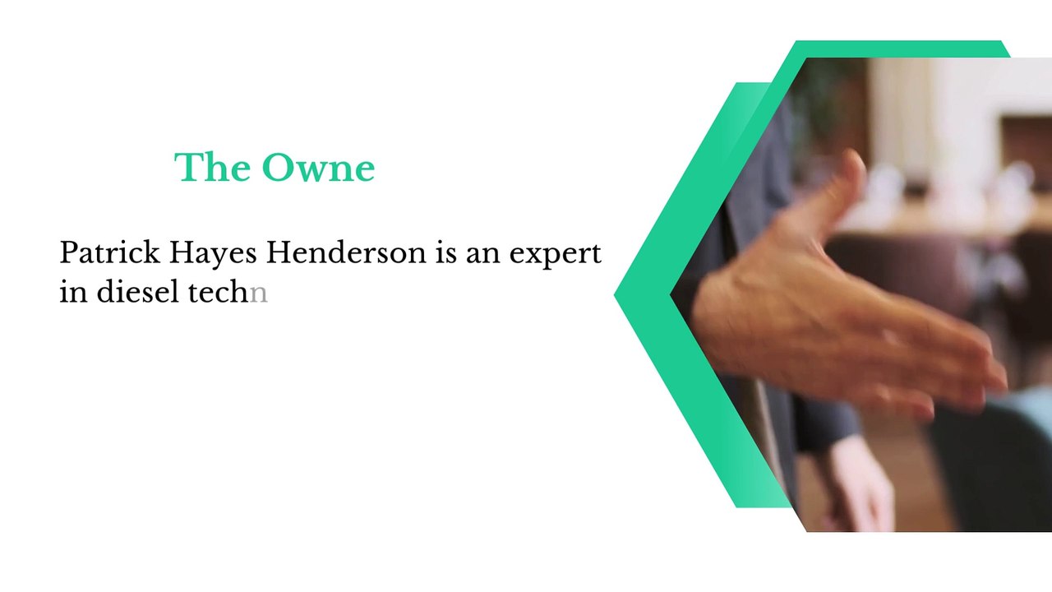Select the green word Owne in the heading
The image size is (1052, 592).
click(x=318, y=167)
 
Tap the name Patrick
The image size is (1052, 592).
click(x=110, y=252)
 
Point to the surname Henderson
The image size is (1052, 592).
click(x=346, y=252)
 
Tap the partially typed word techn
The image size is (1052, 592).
click(x=228, y=291)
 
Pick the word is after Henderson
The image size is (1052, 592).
click(x=445, y=252)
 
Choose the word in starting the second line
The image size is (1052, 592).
click(x=74, y=291)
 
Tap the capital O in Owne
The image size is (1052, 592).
click(x=278, y=167)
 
